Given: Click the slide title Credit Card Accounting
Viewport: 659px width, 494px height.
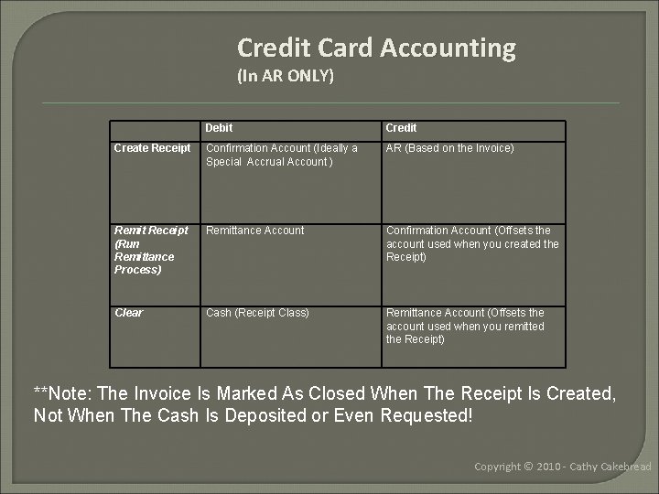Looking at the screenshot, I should click(376, 47).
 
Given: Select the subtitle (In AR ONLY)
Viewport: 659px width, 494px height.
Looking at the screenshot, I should click(286, 76).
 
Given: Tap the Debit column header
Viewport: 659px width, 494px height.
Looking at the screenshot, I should click(220, 128).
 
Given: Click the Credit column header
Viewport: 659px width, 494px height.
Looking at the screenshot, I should click(401, 128).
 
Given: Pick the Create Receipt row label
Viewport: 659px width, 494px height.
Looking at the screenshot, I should click(153, 148).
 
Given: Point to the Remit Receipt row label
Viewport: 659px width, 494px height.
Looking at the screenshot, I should click(151, 250).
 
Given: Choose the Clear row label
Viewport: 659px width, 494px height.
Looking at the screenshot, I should click(129, 313).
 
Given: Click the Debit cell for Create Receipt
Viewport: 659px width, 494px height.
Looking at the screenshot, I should click(282, 155).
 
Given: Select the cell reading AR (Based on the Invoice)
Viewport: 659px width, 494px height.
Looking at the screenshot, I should click(450, 148).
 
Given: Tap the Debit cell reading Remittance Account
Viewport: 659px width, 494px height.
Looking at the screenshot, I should click(255, 231).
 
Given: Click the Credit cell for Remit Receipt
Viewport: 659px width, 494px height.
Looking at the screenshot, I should click(471, 243).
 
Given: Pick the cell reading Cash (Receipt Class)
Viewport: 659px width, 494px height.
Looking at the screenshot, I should click(257, 313).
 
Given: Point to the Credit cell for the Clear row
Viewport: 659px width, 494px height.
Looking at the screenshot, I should click(465, 326).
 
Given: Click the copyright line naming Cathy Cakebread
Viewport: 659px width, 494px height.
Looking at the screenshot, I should click(562, 467).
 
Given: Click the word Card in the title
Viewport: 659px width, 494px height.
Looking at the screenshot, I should click(349, 47).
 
